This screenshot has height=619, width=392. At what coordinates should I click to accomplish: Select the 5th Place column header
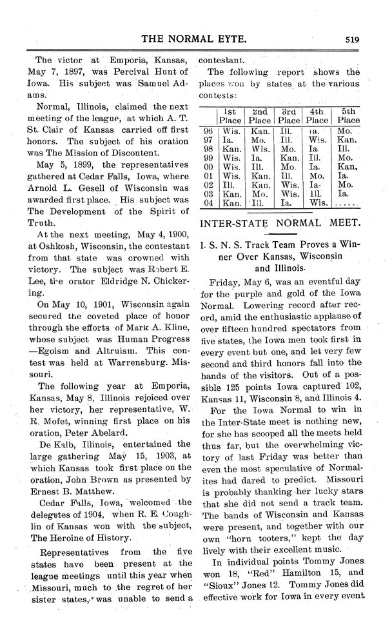pyautogui.click(x=348, y=115)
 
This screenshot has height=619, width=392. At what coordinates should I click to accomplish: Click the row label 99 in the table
pyautogui.click(x=207, y=157)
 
